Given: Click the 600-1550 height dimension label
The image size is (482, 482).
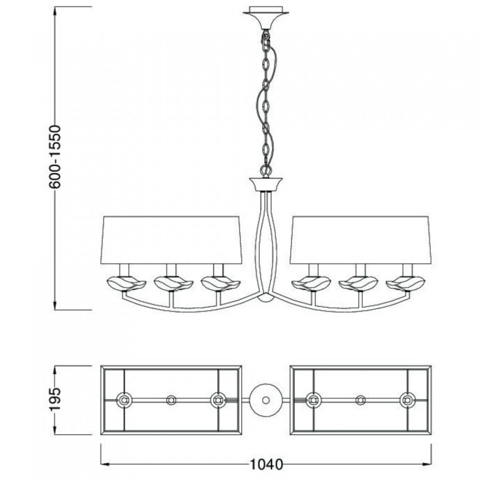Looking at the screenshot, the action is pos(55,157).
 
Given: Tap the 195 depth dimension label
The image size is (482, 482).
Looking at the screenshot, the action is pos(55,400).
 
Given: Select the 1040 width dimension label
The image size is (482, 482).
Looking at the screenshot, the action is pos(266,464).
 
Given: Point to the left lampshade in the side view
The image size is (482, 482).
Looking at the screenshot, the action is pos(171,240).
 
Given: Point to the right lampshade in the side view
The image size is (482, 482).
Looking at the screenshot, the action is pos(361,240).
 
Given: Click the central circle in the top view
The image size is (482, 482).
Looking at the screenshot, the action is pos(266,400).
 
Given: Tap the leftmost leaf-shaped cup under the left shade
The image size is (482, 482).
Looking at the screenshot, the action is pos(126,283).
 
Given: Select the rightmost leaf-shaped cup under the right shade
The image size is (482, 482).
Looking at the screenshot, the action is pos(405,283).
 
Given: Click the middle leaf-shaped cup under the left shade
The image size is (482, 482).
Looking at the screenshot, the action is pos(174,283).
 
